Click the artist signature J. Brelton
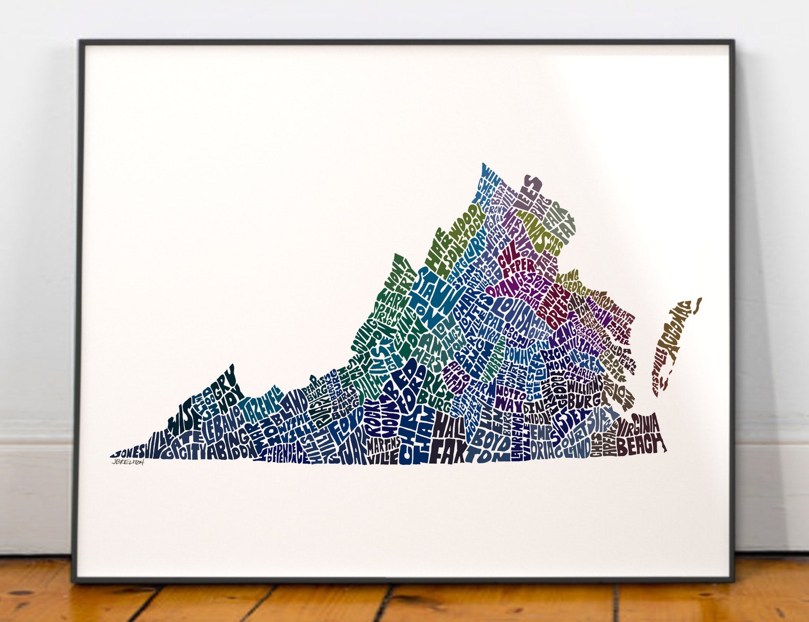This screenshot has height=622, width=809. (x=128, y=462)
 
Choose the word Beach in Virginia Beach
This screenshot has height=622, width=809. (x=640, y=446)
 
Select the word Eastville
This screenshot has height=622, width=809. (x=657, y=372)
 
